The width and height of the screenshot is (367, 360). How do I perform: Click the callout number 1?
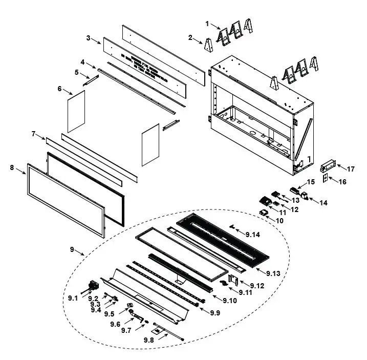207,24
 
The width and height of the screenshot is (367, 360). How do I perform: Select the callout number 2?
190,37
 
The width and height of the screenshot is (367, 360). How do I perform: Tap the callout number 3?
88,38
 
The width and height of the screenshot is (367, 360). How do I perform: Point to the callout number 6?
59,89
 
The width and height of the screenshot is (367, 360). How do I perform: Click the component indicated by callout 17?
326,166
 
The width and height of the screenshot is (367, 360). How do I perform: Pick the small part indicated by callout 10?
265,212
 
